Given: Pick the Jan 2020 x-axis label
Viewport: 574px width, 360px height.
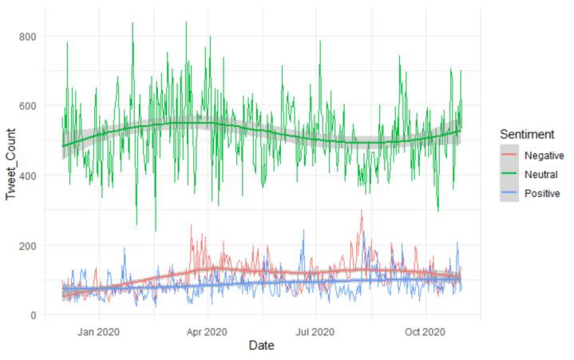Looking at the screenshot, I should coord(98,331).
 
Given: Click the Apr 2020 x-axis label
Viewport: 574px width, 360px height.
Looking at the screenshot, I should coord(208,331).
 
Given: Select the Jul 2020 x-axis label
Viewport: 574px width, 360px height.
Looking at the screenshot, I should coord(315,331).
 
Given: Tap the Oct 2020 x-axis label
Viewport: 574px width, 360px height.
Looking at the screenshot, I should coord(425,331).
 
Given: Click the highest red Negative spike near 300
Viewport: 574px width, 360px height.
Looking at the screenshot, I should coord(362,211).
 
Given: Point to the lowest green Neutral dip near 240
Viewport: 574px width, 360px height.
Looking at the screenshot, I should coord(155,231).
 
